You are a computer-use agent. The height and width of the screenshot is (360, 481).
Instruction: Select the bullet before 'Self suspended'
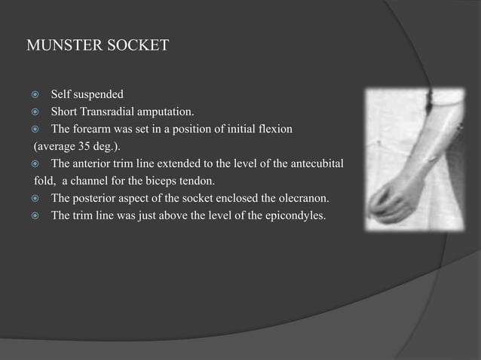(x=35, y=95)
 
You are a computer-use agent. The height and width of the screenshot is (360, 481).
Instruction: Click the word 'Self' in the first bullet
(x=61, y=95)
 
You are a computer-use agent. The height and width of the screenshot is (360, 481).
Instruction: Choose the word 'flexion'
(x=272, y=130)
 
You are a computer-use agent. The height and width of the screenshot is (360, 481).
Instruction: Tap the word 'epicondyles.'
(x=311, y=216)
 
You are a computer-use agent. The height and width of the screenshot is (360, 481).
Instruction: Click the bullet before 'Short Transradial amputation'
(x=35, y=112)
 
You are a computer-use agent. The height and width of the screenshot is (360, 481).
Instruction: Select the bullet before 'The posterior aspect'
(x=35, y=199)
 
